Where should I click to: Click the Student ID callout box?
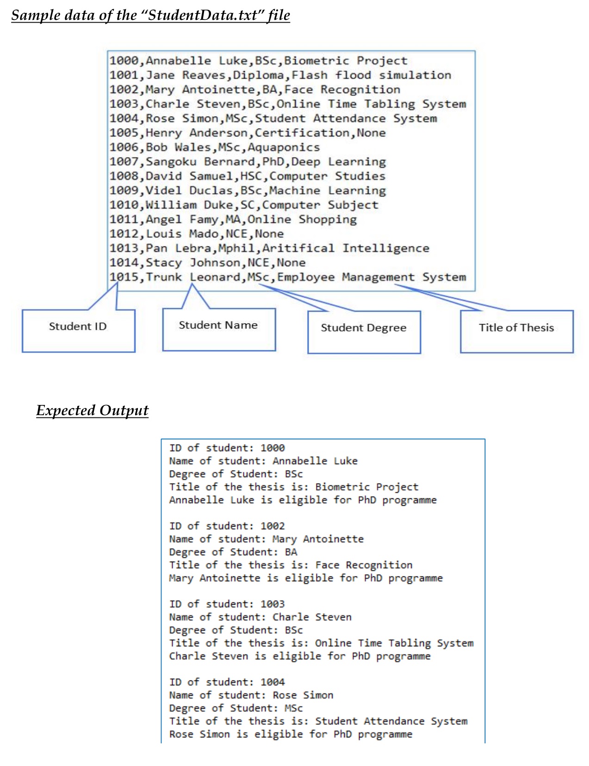[78, 330]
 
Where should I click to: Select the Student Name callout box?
[218, 329]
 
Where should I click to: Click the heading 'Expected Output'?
[93, 411]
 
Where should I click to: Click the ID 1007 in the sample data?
[124, 162]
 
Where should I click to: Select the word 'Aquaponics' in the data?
[284, 147]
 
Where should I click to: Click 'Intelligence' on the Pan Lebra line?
[385, 248]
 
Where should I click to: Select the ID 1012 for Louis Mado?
[124, 234]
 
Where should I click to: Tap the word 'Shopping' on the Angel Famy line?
[327, 220]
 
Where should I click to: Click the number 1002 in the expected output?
[273, 526]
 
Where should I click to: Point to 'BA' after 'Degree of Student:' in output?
[291, 552]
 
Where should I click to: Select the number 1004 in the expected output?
[273, 682]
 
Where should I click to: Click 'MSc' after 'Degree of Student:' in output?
[294, 708]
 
